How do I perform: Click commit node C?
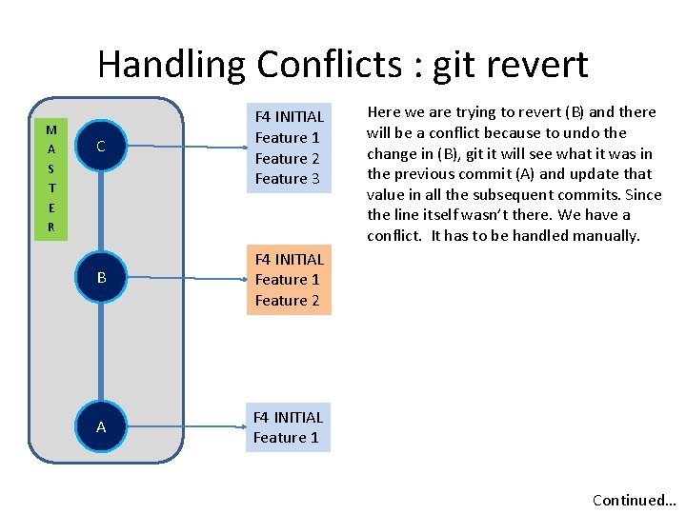[x=101, y=147]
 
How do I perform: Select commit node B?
[x=101, y=278]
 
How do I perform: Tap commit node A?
[x=101, y=427]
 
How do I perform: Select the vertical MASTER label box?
[x=50, y=179]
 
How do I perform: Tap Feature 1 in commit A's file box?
[x=286, y=437]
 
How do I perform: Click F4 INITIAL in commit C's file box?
[x=290, y=116]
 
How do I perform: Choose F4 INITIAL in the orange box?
[x=290, y=259]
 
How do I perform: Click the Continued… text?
[x=634, y=500]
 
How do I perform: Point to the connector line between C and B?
[x=101, y=212]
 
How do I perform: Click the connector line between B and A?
[x=101, y=352]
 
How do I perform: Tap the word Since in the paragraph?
[x=641, y=194]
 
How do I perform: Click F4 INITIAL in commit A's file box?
[x=288, y=417]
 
